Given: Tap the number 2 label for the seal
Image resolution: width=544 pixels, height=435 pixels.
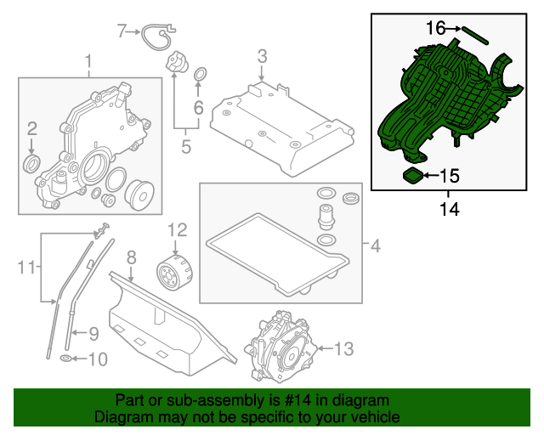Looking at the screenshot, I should (x=31, y=129).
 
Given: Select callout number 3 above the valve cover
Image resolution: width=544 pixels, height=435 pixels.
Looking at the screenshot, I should (x=263, y=57).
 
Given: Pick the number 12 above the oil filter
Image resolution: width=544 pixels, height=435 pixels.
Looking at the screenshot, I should (x=176, y=229).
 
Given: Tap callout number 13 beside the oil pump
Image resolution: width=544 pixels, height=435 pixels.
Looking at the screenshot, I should (x=343, y=348).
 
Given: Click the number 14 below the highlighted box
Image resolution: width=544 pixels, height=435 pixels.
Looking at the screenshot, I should (x=449, y=208).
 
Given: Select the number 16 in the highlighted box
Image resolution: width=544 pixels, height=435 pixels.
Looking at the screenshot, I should (x=435, y=28).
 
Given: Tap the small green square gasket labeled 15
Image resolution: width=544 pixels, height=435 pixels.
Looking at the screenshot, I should (x=413, y=177).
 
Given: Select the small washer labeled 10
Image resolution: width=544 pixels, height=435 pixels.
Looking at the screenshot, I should (x=66, y=359).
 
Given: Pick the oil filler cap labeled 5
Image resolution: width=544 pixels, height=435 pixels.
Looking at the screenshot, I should (x=176, y=64).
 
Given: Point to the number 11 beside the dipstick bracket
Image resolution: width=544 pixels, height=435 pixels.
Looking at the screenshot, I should (x=28, y=268).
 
